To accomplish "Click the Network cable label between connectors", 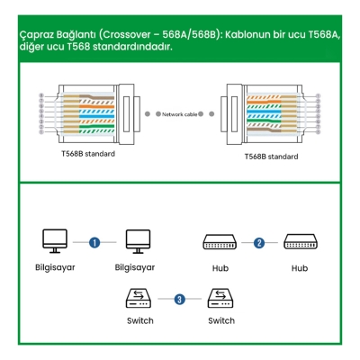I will (x=179, y=114).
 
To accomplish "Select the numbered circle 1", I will (x=94, y=241).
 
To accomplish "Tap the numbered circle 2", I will (x=259, y=242).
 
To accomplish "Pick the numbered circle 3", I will (x=180, y=299).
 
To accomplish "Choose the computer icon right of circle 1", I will (x=137, y=241).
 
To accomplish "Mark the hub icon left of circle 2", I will (x=220, y=242).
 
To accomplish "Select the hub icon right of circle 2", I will (x=301, y=242).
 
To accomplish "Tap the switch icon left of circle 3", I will (x=139, y=298).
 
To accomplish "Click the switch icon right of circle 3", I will (x=220, y=298).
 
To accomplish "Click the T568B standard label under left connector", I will (x=81, y=154).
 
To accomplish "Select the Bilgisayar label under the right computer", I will (x=135, y=267).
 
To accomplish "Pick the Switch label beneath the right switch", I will (x=221, y=320).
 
